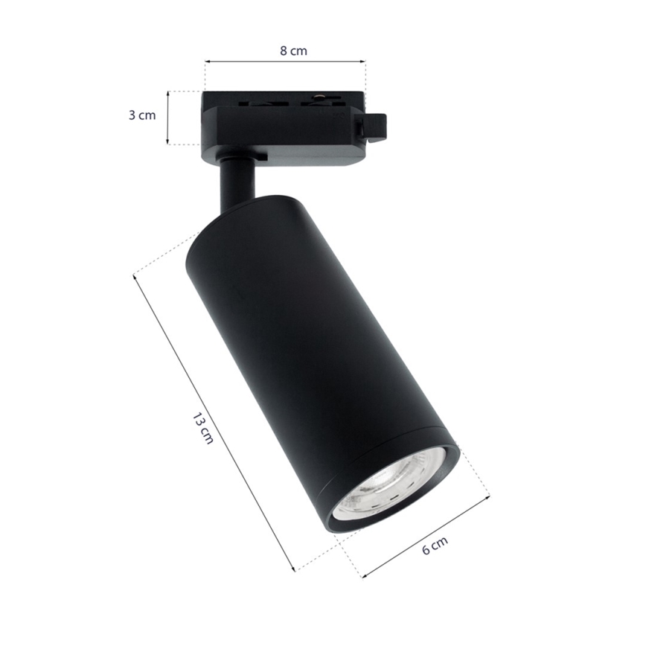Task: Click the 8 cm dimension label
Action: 293,51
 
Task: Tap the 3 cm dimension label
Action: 142,115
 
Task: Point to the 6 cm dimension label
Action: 435,548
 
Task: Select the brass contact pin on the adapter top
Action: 319,97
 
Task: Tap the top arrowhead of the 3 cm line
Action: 169,94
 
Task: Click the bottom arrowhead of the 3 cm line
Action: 169,141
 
